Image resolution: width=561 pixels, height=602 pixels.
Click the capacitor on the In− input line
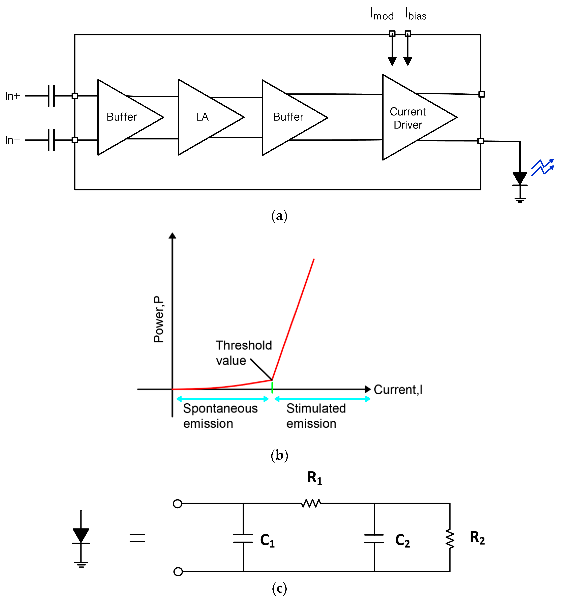[x=52, y=140]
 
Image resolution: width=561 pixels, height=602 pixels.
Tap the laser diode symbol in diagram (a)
[x=520, y=179]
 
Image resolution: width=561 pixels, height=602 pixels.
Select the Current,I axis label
[x=398, y=390]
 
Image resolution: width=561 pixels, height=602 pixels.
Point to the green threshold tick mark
[x=272, y=388]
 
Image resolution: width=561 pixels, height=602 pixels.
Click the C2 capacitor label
[x=402, y=540]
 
